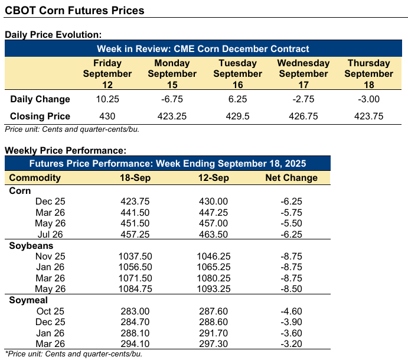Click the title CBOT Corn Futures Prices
coord(74,11)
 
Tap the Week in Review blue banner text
coord(204,48)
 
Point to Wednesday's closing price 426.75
coord(303,116)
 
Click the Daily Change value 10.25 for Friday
coord(107,99)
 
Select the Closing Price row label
coord(40,116)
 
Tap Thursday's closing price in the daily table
coord(368,116)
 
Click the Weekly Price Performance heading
coord(65,151)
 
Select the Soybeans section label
coord(31,245)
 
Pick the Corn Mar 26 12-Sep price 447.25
coord(214,212)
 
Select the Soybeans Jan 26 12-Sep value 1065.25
coord(214,267)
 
